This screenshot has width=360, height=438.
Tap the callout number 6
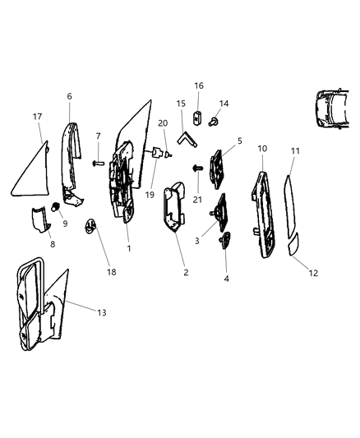[69, 96]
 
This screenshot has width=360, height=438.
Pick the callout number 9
[65, 224]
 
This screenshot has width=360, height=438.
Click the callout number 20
[162, 122]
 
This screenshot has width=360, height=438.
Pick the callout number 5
[239, 142]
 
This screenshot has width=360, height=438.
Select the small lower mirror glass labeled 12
[293, 245]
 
